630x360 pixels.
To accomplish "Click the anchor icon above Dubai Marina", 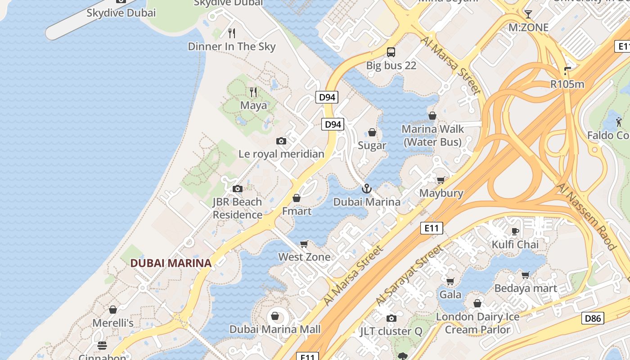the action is click(x=366, y=189).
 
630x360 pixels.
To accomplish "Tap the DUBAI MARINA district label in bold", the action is click(x=171, y=263).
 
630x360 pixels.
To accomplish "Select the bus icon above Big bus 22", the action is click(x=391, y=52).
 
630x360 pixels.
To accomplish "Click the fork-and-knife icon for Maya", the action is click(x=253, y=92).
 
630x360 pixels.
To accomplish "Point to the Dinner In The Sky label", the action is click(x=232, y=46).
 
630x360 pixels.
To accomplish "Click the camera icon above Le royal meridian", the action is click(x=281, y=141).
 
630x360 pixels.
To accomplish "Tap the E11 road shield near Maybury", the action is click(x=431, y=228).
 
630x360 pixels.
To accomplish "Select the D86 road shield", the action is click(x=592, y=319).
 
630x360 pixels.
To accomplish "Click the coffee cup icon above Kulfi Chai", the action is click(x=515, y=231).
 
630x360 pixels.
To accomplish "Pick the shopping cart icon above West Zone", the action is click(x=304, y=244).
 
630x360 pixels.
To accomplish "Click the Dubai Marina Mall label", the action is click(x=275, y=329).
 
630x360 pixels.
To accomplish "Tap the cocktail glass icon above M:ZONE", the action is click(x=528, y=14).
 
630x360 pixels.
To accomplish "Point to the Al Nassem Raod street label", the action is click(x=585, y=216).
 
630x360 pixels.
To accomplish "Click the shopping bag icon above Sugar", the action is click(x=372, y=132).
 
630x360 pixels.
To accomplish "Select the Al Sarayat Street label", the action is click(x=409, y=274).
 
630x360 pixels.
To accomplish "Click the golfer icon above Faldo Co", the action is click(x=619, y=121).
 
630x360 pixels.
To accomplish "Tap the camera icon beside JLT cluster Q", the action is click(x=391, y=319).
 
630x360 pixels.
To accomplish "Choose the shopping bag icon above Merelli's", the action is click(x=113, y=310).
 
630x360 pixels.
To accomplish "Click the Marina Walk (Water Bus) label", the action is click(x=432, y=135).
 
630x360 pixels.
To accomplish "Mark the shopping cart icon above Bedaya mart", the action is click(x=525, y=274).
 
